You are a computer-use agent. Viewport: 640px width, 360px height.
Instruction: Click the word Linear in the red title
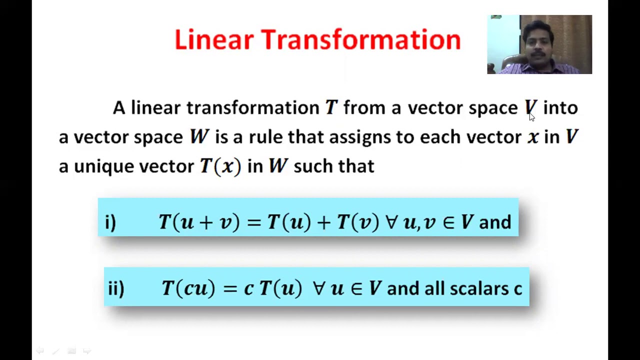tap(213, 39)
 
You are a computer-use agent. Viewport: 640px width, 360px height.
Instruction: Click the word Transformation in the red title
tap(360, 39)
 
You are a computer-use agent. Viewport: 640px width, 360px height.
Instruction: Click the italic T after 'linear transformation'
tap(331, 107)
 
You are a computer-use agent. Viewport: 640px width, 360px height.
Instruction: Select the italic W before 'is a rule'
tap(199, 137)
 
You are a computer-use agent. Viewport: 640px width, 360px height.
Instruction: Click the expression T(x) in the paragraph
tap(220, 166)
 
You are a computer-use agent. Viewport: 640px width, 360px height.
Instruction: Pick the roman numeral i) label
tap(110, 222)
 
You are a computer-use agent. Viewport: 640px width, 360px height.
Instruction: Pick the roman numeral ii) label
tap(115, 288)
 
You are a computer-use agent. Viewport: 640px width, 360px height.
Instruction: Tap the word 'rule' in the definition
tap(265, 137)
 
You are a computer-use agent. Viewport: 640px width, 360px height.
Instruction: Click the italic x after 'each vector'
tap(533, 137)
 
